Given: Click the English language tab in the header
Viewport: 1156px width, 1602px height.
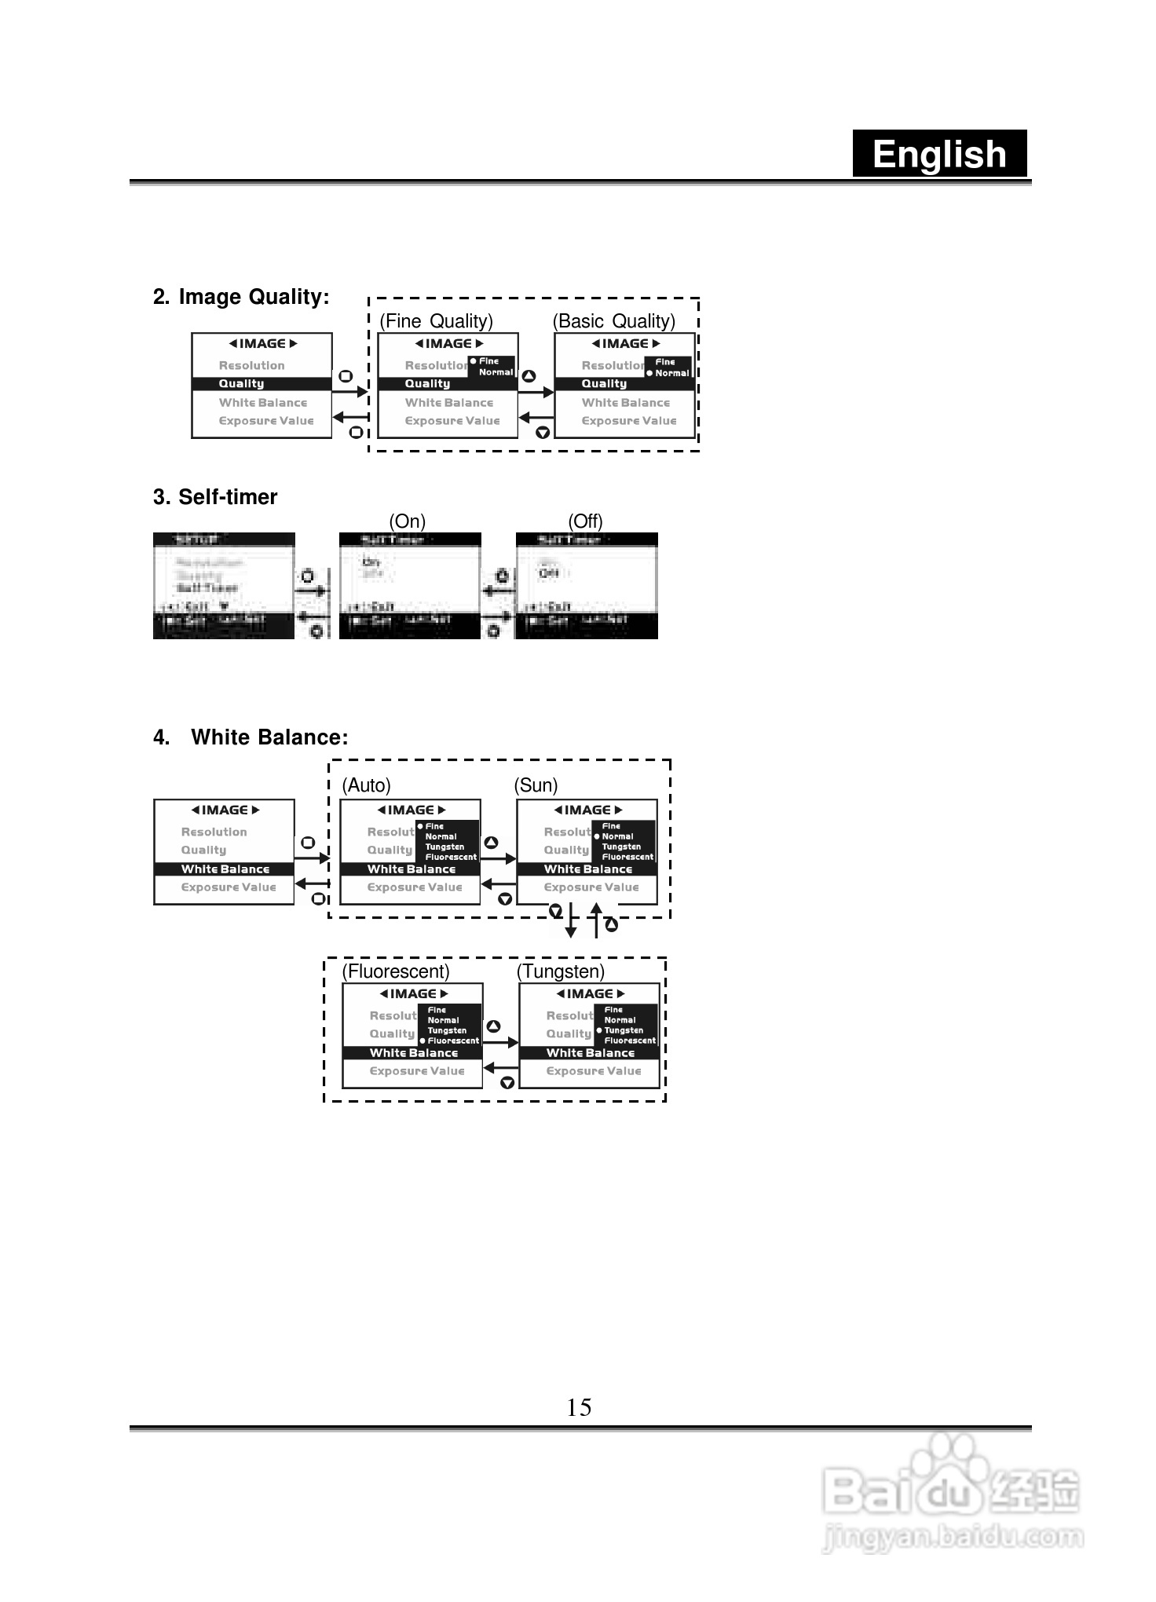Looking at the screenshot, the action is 939,154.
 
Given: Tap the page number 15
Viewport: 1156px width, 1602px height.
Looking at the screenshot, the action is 579,1406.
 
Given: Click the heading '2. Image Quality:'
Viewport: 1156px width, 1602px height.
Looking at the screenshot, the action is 241,297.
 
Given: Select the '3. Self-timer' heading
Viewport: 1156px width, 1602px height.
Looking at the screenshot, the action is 215,497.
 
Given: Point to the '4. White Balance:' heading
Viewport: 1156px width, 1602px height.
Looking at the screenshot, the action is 251,737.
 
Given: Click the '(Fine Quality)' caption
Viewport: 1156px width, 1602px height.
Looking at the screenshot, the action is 436,321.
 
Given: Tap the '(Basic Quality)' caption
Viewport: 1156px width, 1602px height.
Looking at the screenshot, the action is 613,321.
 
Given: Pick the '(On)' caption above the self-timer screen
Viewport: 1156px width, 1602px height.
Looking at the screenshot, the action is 407,521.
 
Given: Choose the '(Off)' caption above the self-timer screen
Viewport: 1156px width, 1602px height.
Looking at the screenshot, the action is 585,521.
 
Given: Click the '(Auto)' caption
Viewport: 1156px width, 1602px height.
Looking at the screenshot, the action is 366,785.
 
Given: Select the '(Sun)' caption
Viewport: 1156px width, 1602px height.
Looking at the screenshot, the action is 536,785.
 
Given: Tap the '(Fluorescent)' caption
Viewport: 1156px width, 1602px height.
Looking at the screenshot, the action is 396,971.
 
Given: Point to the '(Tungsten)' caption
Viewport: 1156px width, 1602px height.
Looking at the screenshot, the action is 561,971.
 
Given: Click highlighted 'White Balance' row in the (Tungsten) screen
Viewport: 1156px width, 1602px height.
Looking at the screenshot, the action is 589,1053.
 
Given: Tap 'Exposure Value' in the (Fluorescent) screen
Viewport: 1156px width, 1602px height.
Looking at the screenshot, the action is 417,1071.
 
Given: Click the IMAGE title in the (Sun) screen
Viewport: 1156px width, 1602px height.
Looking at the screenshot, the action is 587,810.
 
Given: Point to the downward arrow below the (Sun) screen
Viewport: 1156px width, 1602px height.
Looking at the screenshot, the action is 571,921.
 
